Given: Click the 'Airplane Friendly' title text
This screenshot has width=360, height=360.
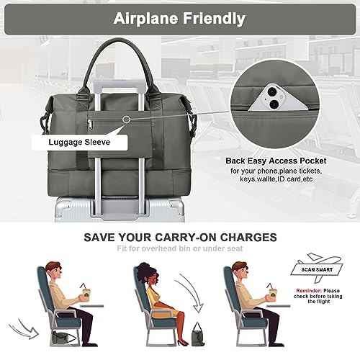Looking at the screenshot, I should coord(180,18).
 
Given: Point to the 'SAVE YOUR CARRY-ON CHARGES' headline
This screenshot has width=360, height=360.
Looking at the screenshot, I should coord(180,236).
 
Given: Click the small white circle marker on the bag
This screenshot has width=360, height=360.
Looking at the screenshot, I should coord(127,117).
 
